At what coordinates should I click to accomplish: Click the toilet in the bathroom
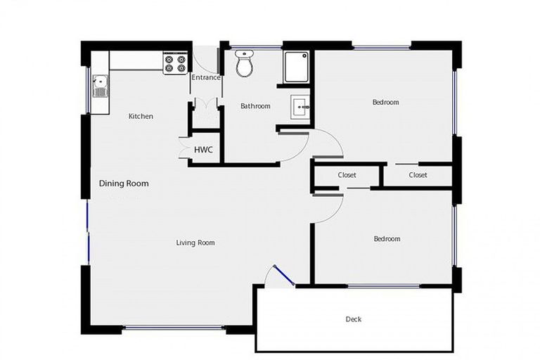click(244, 64)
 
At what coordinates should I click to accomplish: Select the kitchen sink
click(100, 86)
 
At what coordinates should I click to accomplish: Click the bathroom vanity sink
click(300, 108)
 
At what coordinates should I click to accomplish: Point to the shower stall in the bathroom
click(296, 66)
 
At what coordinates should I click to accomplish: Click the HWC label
click(203, 150)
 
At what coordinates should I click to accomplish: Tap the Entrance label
click(206, 77)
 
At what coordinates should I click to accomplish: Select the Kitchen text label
click(141, 116)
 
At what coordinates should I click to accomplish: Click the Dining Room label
click(124, 184)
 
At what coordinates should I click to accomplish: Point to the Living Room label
click(195, 243)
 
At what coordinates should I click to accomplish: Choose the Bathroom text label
click(255, 106)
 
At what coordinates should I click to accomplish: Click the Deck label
click(354, 319)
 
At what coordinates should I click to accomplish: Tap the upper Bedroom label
click(385, 102)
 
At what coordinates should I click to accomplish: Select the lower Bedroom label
click(387, 239)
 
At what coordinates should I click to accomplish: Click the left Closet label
click(347, 175)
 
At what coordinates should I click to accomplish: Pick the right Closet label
click(418, 175)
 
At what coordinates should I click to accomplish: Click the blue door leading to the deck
click(283, 275)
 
